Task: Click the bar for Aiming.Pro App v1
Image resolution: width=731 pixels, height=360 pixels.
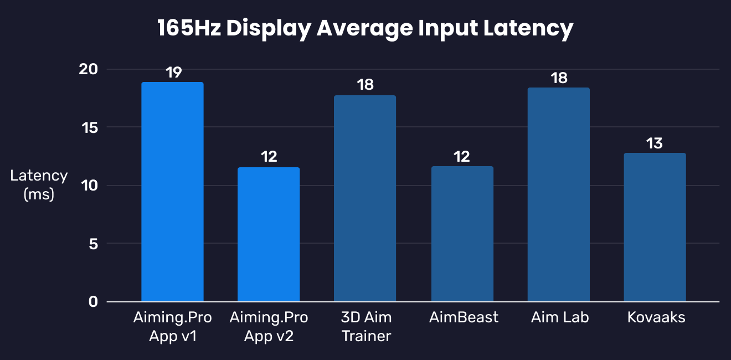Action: (172, 192)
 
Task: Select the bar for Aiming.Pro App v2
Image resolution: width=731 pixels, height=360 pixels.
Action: (269, 234)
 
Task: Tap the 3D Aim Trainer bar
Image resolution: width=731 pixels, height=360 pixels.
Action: (365, 198)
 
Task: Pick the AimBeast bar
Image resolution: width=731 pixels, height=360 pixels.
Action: (462, 234)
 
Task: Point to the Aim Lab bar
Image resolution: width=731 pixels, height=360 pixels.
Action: (558, 194)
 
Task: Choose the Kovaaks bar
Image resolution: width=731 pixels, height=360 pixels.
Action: (655, 227)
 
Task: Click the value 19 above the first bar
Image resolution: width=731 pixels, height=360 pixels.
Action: (173, 73)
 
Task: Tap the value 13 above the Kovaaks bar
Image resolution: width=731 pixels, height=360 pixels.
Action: (655, 143)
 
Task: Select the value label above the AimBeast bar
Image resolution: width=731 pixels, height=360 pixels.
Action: (462, 157)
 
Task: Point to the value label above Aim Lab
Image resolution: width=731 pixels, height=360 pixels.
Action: (559, 78)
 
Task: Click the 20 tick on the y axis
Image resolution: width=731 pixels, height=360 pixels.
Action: (89, 69)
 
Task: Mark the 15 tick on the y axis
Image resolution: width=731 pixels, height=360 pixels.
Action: (89, 127)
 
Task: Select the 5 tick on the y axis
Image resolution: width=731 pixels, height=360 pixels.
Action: (92, 244)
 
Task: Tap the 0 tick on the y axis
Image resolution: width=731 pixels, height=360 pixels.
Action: (92, 302)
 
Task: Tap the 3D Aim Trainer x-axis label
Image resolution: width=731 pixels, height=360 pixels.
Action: (366, 327)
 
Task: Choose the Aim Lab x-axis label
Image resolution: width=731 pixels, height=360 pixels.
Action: (559, 317)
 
